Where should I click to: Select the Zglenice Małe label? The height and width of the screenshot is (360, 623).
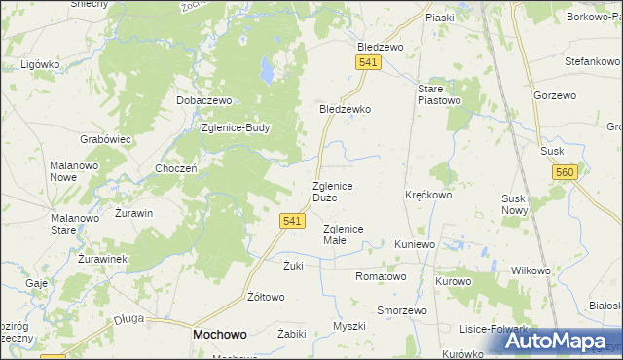(343, 234)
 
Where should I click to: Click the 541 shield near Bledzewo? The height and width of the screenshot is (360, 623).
(367, 62)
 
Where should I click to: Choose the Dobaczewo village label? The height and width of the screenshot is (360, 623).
(202, 100)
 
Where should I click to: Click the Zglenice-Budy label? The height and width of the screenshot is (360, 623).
(235, 126)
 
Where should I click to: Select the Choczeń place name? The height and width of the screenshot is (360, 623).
(176, 167)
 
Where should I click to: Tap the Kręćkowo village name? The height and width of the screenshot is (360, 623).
(428, 195)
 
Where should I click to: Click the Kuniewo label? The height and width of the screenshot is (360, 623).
(415, 244)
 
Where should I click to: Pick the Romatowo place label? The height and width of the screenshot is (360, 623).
(381, 276)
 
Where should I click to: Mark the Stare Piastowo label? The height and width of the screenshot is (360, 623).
(430, 94)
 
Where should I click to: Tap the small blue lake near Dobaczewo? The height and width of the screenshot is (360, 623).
(266, 71)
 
